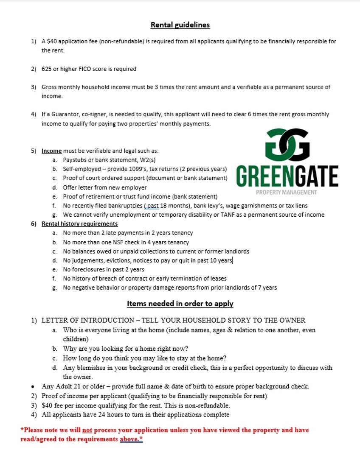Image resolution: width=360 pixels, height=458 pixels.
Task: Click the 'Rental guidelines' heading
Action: click(x=180, y=25)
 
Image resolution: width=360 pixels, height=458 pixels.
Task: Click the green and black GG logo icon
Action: click(x=287, y=144)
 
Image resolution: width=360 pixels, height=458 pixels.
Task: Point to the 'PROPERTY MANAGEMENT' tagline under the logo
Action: click(x=287, y=192)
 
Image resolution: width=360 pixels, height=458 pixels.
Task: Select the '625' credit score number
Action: click(x=46, y=69)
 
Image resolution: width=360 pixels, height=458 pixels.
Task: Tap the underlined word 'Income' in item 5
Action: click(x=51, y=151)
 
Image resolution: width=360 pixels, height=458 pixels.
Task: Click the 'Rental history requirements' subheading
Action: click(x=79, y=224)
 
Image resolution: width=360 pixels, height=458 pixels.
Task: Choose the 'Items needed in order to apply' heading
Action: click(x=180, y=304)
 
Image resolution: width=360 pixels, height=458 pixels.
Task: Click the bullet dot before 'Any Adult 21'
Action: click(x=33, y=387)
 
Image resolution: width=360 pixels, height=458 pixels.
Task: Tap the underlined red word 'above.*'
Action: click(x=131, y=439)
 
